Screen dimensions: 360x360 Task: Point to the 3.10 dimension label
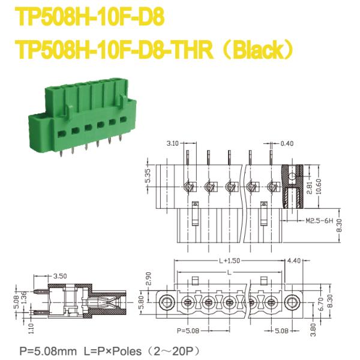(x=173, y=144)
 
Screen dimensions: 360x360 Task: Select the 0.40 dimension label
(x=287, y=144)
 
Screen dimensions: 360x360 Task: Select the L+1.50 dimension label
(x=230, y=261)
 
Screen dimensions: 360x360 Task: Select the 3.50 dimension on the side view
(x=59, y=276)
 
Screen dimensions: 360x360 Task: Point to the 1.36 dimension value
(x=24, y=296)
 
